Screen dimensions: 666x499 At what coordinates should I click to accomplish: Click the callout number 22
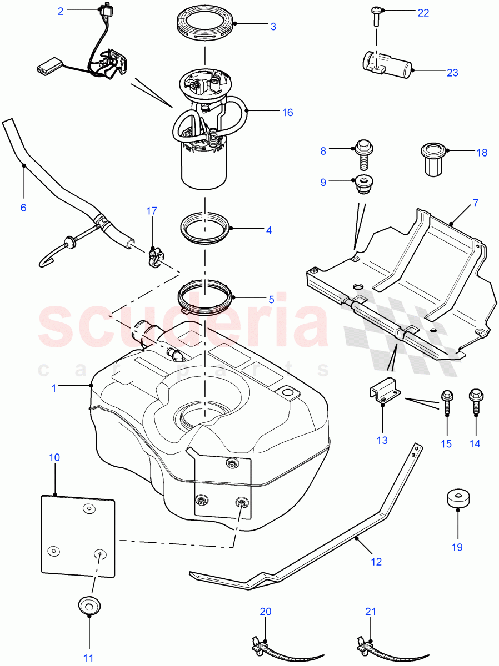point(423,13)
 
